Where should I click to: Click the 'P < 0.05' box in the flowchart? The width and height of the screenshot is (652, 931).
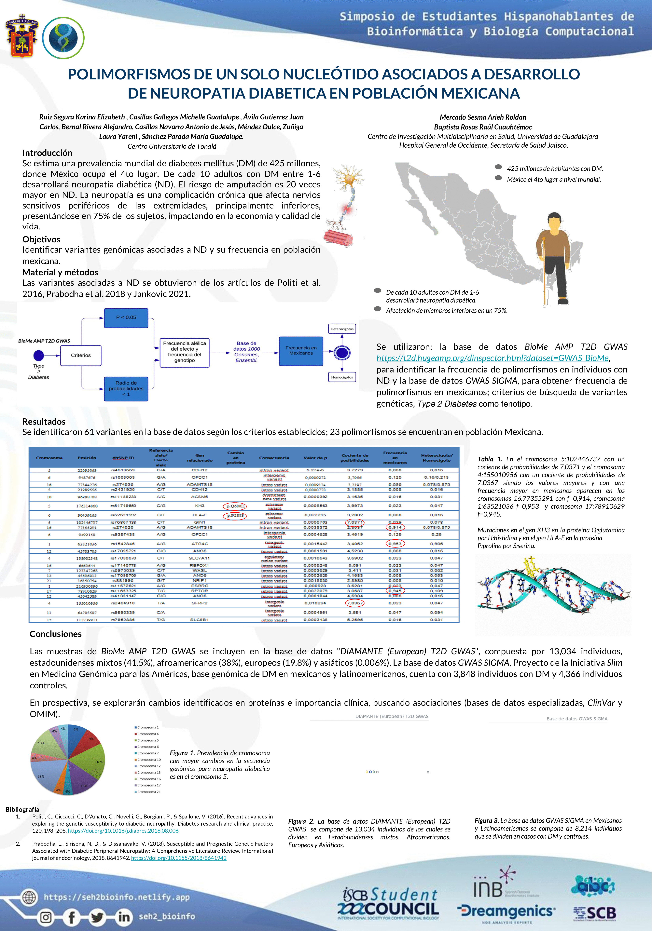click(x=126, y=317)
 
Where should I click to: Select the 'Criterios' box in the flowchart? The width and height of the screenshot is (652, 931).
click(x=81, y=355)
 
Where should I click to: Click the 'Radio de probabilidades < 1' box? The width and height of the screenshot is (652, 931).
click(x=126, y=388)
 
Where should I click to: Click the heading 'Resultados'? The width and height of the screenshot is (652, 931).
click(x=44, y=421)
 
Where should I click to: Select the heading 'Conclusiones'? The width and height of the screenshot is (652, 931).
click(x=56, y=634)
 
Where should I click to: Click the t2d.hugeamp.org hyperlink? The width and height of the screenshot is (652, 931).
click(x=492, y=358)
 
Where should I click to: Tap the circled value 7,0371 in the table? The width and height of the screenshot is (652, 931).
click(x=355, y=522)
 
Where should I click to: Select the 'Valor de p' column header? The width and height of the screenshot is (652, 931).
click(x=315, y=458)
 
